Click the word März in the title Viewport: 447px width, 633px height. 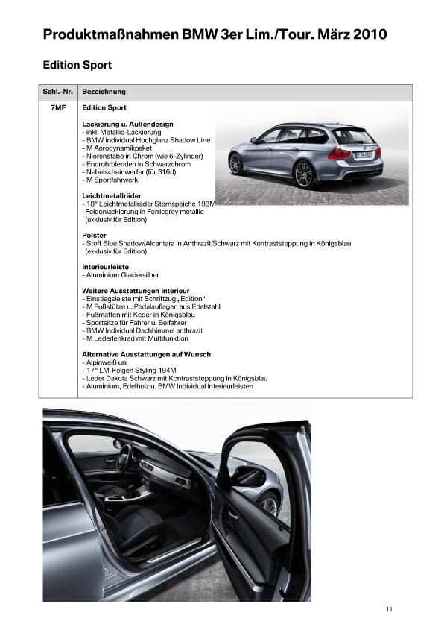(x=327, y=34)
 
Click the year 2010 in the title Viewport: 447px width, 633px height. (x=370, y=34)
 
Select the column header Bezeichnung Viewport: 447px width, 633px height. (x=104, y=92)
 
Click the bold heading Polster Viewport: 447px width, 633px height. (x=95, y=236)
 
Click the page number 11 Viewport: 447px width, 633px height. (x=389, y=609)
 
